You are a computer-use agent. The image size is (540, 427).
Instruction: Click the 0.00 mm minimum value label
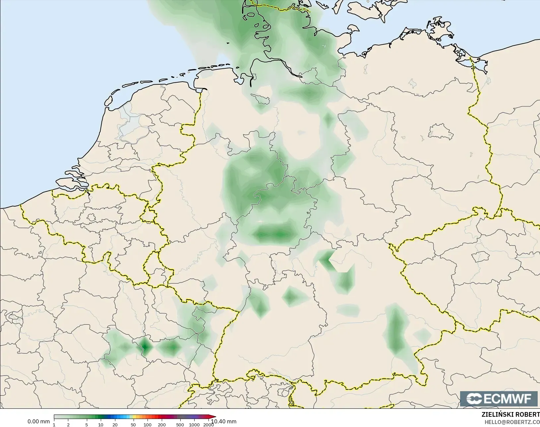point(38,422)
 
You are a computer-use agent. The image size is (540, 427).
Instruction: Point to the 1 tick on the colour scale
point(54,425)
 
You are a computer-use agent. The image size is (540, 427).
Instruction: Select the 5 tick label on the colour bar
point(87,425)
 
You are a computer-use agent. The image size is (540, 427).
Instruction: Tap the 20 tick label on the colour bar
point(115,425)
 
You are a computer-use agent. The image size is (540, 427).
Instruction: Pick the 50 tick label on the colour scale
point(133,425)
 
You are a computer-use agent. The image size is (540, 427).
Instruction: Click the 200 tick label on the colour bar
point(162,425)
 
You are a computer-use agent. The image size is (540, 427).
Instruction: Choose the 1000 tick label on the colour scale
point(194,425)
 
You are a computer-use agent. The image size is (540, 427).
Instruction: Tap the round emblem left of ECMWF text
point(474,399)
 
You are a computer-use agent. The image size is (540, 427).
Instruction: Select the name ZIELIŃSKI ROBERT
point(510,415)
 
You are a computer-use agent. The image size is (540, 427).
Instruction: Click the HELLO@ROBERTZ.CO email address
point(512,422)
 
